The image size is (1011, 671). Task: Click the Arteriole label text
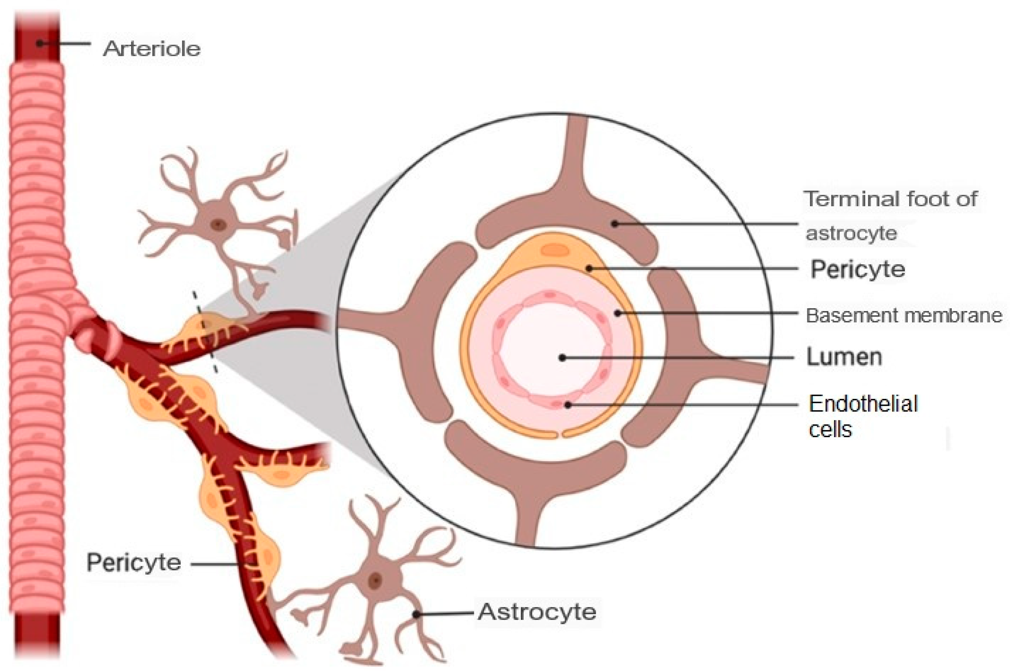(x=151, y=48)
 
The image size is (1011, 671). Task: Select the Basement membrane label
(x=904, y=315)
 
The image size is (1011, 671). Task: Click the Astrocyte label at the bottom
(x=537, y=612)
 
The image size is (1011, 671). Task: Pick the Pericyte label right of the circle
(x=857, y=269)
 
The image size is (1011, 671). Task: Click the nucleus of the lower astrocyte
(x=375, y=581)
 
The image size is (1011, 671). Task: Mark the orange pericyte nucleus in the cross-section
(x=555, y=250)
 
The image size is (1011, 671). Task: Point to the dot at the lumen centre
(x=562, y=358)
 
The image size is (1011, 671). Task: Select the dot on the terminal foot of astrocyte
(x=614, y=223)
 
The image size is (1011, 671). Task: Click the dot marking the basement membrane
(x=617, y=313)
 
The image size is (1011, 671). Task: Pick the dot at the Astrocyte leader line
(x=416, y=615)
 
